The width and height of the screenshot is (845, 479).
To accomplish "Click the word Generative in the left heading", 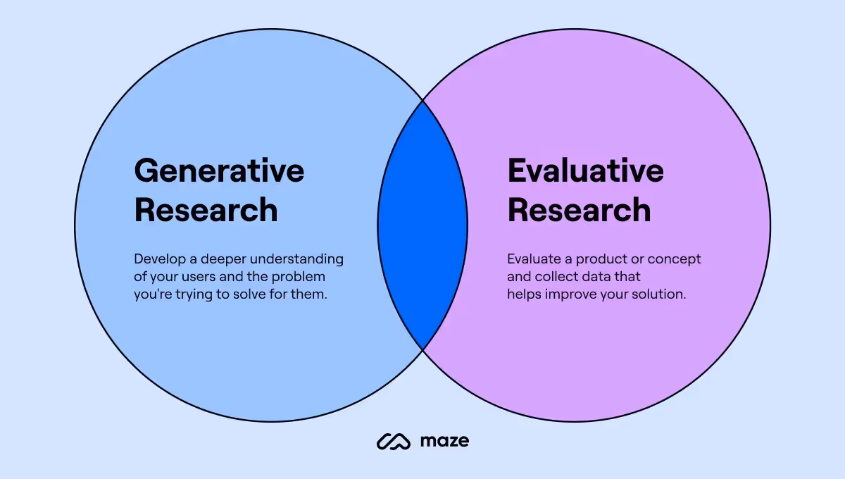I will [219, 171].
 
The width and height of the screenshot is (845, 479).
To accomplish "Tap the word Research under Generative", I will [206, 210].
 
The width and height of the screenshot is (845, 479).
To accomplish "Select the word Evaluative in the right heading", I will [585, 171].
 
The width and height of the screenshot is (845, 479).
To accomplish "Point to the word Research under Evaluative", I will [579, 210].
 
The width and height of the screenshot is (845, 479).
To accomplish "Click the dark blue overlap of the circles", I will [423, 225].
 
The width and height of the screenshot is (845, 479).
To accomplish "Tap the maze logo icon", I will [394, 442].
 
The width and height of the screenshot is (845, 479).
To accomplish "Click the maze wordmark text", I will [444, 442].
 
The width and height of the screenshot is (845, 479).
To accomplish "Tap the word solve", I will [244, 294].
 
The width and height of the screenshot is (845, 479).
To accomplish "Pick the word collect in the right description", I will [557, 277].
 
